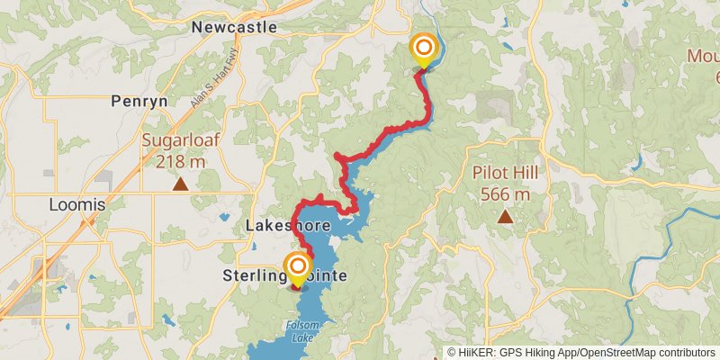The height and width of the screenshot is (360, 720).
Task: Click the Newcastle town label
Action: [234, 28]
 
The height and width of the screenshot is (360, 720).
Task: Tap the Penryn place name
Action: [139, 101]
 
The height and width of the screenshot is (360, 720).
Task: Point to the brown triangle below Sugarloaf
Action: [180, 184]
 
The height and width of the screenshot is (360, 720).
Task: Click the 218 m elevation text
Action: [180, 162]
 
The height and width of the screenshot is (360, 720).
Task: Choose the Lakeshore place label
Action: [288, 225]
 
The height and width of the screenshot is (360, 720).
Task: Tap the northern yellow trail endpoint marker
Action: [423, 49]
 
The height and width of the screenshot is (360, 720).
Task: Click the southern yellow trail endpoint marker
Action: [297, 268]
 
